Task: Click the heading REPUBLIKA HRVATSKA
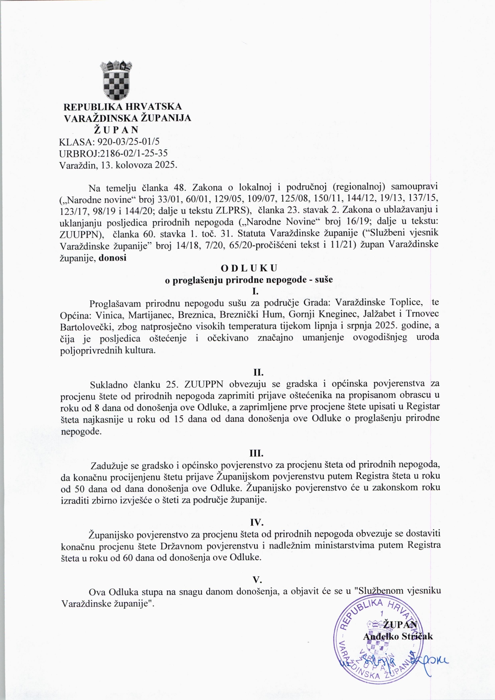tap(123, 107)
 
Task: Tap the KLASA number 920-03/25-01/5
tap(132, 141)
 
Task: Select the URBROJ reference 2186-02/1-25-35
tap(137, 153)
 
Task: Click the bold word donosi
tap(113, 258)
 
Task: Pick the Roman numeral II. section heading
tap(258, 373)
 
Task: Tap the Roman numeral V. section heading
tap(257, 579)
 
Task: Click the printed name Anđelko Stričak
tap(398, 636)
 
